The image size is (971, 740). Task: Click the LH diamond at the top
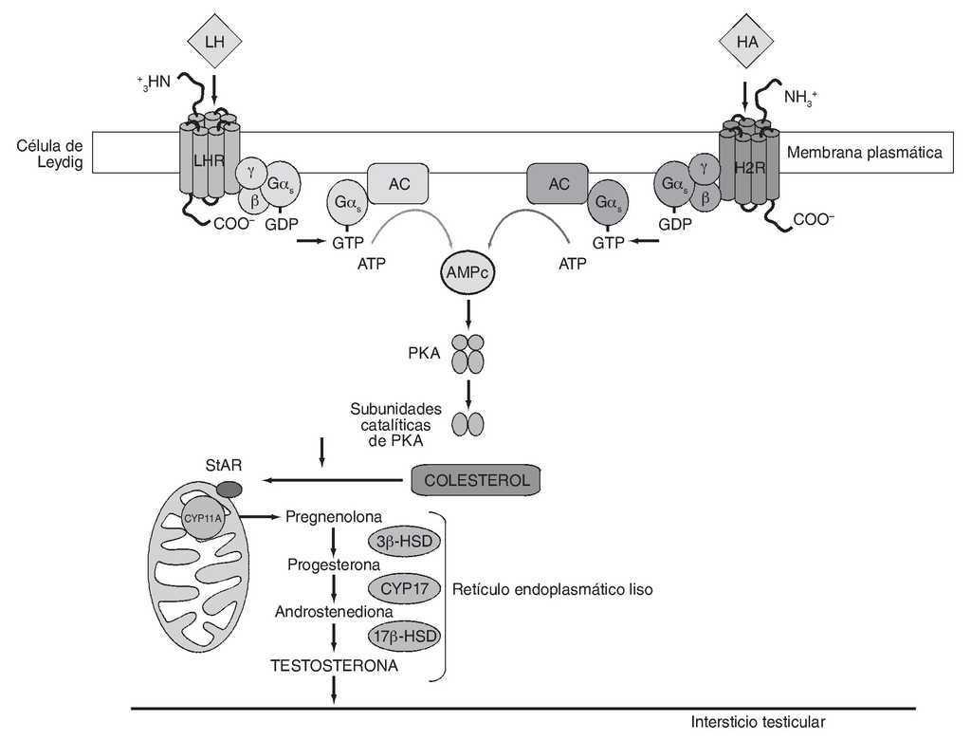[215, 41]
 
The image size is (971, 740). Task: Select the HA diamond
[745, 41]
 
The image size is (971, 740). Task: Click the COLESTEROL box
[477, 480]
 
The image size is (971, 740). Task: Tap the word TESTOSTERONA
[334, 666]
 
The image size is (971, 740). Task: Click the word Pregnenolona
[334, 517]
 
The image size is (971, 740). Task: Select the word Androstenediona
[334, 612]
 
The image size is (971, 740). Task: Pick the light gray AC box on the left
[398, 185]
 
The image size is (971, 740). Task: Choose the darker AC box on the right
[559, 185]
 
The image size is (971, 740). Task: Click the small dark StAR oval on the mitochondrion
[229, 490]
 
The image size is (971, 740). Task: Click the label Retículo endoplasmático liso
[553, 589]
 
